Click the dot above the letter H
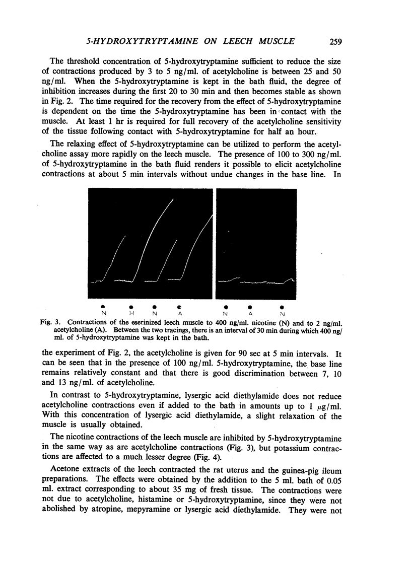131,306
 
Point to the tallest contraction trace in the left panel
156,232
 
